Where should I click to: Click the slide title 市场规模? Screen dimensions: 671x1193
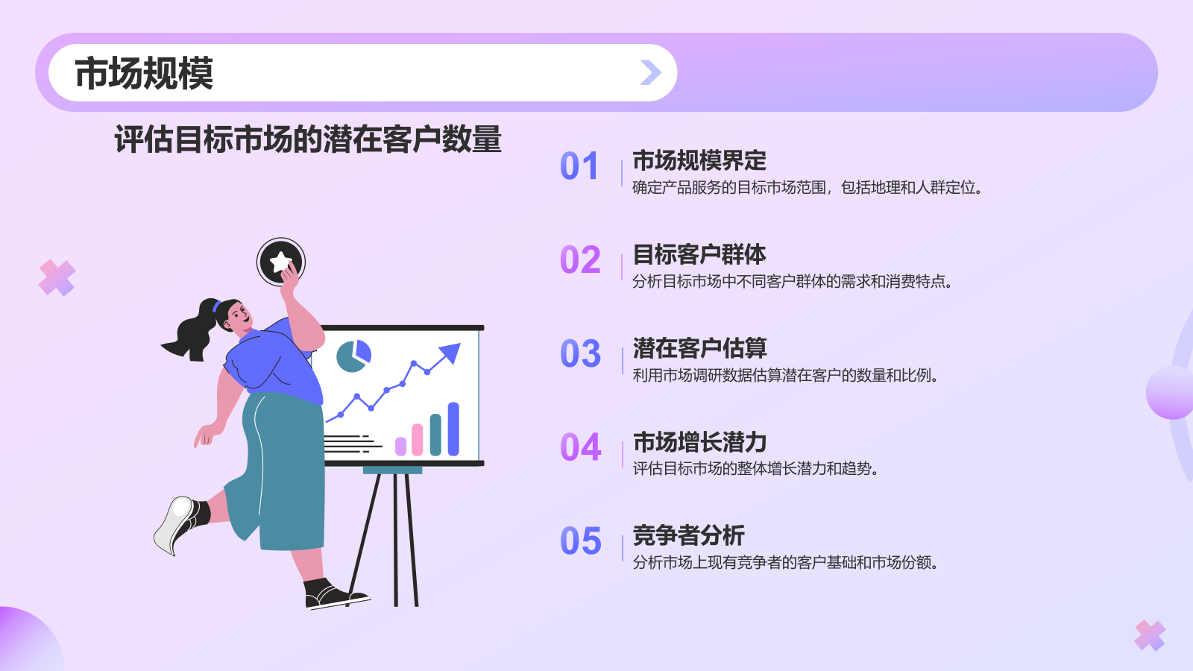click(144, 73)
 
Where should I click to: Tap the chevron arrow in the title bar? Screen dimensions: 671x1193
click(650, 72)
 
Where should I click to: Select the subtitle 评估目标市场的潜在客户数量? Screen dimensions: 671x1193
click(308, 139)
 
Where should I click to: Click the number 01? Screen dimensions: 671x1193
click(579, 166)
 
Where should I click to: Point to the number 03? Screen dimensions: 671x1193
click(580, 354)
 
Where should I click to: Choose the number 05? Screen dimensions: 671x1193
click(580, 541)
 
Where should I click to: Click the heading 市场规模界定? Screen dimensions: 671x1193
click(699, 160)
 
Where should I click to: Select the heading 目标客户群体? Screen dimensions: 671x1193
click(699, 254)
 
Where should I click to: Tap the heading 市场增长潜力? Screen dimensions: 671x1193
click(699, 442)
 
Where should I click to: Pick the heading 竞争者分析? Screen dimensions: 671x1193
click(688, 535)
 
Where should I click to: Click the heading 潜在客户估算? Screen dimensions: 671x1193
click(699, 348)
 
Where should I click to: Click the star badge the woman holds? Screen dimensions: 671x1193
click(281, 262)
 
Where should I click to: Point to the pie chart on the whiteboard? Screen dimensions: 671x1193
click(353, 356)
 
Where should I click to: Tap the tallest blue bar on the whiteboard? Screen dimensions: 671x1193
click(453, 429)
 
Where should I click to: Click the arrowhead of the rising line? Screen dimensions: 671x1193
click(450, 352)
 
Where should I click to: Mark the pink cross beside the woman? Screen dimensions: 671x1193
click(57, 278)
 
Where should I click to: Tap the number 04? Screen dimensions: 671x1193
click(580, 448)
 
